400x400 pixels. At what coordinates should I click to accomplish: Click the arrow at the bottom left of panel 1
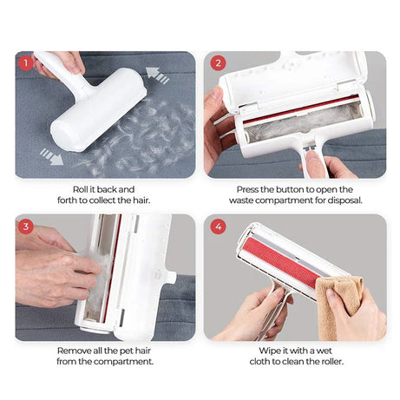point(51,156)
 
